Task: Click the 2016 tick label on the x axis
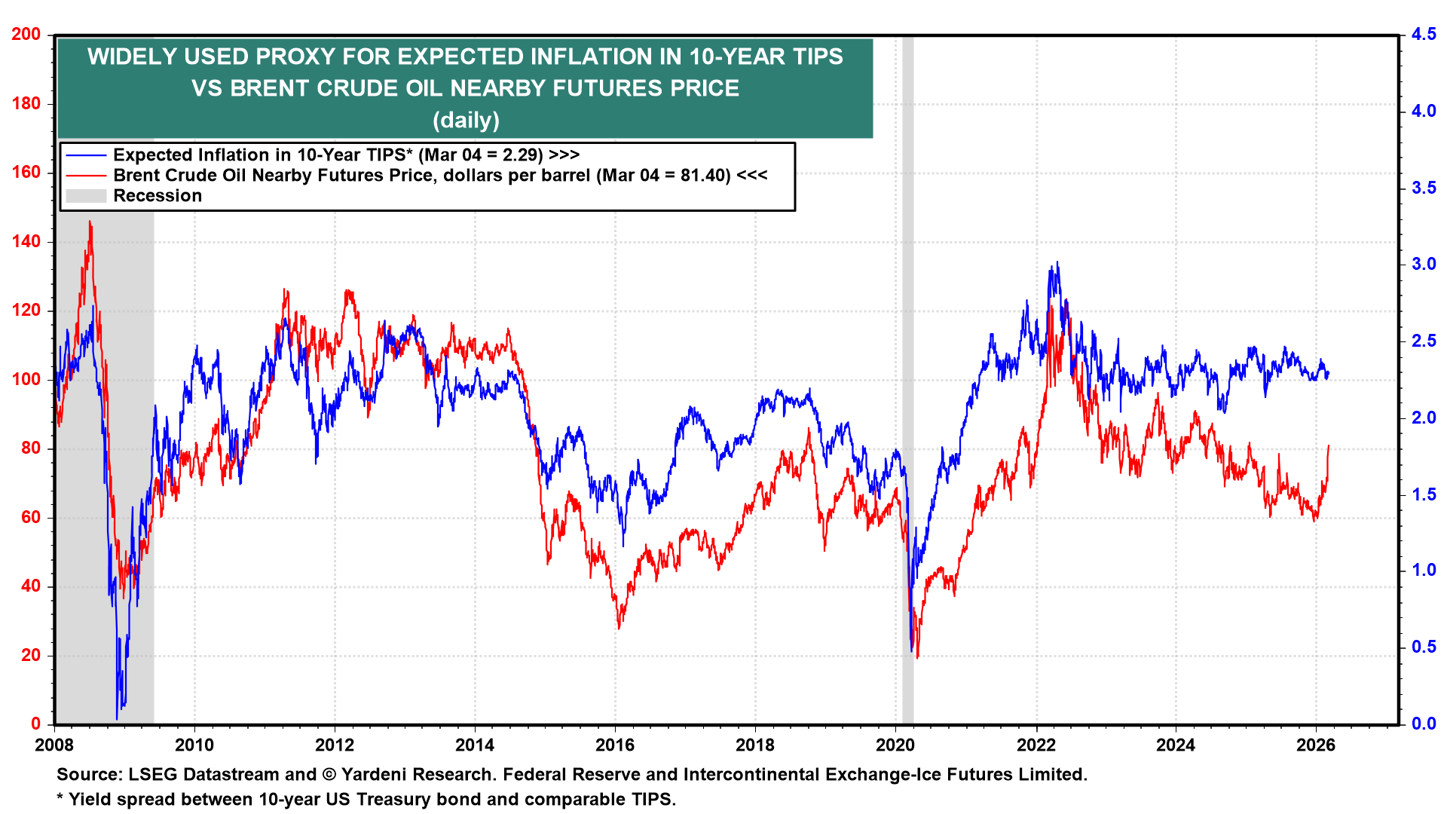tap(615, 745)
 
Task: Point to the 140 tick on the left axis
tap(26, 242)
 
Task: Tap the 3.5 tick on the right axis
tap(1423, 188)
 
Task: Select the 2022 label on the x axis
tap(1036, 745)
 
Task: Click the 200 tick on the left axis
tap(26, 35)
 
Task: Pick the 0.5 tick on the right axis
tap(1423, 647)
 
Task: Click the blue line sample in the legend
tap(86, 155)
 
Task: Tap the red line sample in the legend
tap(86, 176)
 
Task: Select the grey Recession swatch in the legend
tap(86, 196)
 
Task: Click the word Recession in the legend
tap(158, 196)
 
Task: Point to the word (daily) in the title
tap(466, 120)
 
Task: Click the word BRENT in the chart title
tap(265, 88)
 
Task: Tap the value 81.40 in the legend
tap(704, 176)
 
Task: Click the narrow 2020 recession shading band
tap(908, 377)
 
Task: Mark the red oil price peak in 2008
tap(90, 222)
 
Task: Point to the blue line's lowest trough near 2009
tap(118, 718)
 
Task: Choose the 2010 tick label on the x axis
tap(194, 745)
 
